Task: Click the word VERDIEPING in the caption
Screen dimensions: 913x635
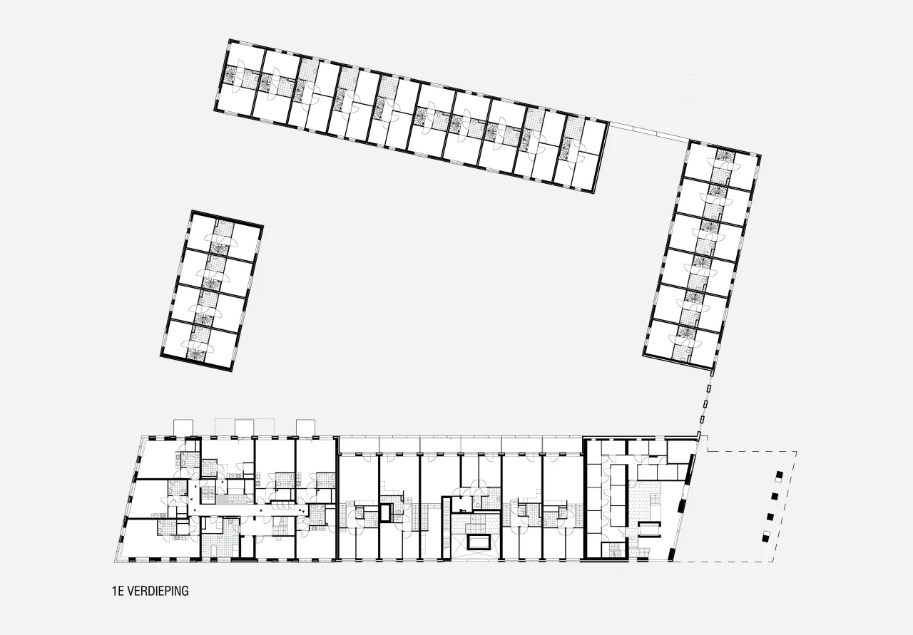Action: (x=158, y=591)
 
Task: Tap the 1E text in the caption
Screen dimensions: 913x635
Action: (x=118, y=591)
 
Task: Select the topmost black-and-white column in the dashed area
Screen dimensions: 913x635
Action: (x=779, y=477)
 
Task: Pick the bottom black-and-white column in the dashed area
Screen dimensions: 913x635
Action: (x=767, y=536)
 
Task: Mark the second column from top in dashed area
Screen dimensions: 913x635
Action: (x=775, y=497)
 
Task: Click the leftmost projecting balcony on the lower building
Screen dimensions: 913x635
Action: (x=183, y=428)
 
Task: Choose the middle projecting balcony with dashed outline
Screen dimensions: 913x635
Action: (x=244, y=428)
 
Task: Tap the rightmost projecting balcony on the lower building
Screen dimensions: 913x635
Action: (x=306, y=428)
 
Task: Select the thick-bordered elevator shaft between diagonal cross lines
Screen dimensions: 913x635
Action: (x=479, y=542)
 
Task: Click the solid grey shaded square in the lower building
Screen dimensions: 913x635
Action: (x=222, y=499)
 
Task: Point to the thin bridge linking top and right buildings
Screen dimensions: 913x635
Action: (x=649, y=132)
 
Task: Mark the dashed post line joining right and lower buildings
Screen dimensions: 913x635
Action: (x=705, y=405)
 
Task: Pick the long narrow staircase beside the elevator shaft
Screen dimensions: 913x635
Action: (x=447, y=530)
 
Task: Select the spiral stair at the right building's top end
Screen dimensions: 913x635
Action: (x=725, y=154)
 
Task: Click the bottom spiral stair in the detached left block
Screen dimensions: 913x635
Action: (x=196, y=353)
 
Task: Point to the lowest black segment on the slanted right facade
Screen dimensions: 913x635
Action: (x=671, y=554)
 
